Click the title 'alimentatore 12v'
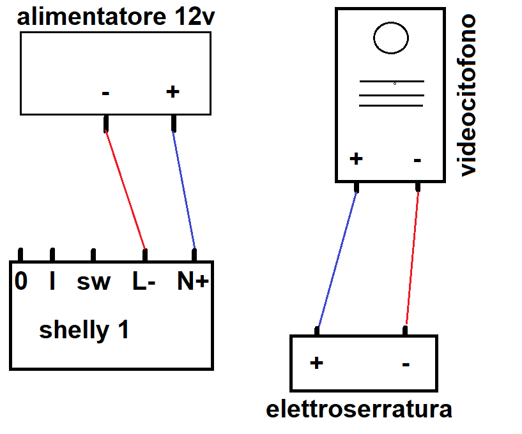click(116, 17)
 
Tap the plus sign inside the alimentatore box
click(173, 91)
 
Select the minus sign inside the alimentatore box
click(105, 93)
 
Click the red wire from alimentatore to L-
click(125, 190)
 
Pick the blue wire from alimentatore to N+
click(183, 190)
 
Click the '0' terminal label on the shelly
click(21, 281)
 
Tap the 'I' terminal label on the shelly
click(52, 281)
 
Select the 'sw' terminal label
click(93, 282)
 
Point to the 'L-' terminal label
click(144, 281)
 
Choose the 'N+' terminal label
click(193, 281)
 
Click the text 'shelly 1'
click(84, 330)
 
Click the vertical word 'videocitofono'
click(468, 95)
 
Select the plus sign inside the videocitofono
click(356, 159)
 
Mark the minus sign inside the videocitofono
click(417, 161)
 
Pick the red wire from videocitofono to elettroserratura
click(412, 258)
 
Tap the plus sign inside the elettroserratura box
click(316, 363)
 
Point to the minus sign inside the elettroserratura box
click(406, 364)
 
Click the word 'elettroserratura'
click(359, 409)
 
